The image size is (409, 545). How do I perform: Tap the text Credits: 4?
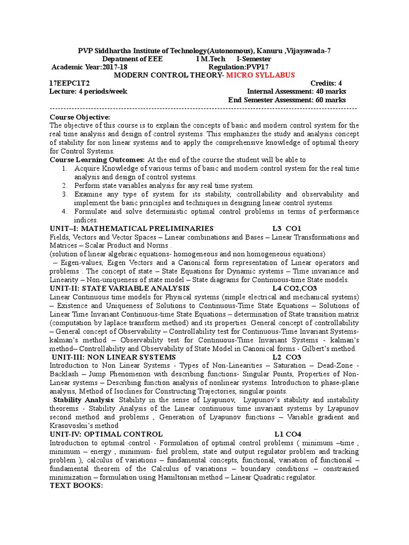tap(326, 83)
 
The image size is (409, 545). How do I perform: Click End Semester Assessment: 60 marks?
tap(287, 100)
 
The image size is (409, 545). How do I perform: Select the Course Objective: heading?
tap(80, 117)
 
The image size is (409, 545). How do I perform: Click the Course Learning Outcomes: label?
tap(97, 160)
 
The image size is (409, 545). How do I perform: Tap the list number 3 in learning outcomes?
tap(63, 194)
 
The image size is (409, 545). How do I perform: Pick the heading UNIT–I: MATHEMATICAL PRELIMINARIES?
tap(132, 228)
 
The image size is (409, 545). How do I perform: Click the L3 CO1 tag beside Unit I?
tap(287, 228)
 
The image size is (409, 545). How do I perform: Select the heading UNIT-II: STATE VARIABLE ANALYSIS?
tap(119, 288)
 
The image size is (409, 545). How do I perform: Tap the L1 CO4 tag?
tap(288, 434)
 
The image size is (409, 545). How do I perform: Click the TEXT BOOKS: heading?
tap(76, 486)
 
